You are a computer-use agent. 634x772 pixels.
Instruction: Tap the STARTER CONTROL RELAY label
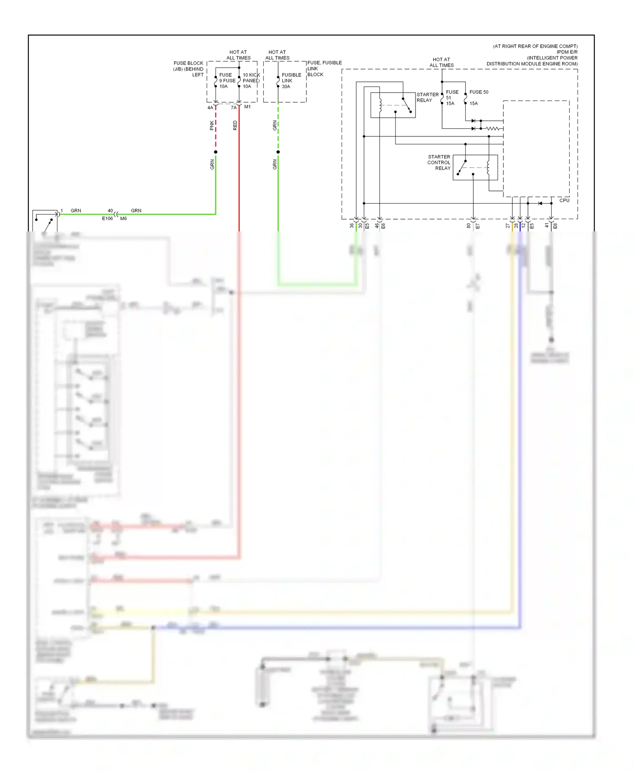pyautogui.click(x=439, y=163)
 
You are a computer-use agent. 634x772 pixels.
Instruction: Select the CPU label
pyautogui.click(x=564, y=201)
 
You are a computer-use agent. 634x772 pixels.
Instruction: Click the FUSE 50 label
pyautogui.click(x=478, y=92)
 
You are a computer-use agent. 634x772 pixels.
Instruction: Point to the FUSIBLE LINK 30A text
pyautogui.click(x=291, y=81)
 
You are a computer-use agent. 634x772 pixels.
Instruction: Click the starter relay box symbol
pyautogui.click(x=393, y=105)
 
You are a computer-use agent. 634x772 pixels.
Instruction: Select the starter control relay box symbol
pyautogui.click(x=475, y=168)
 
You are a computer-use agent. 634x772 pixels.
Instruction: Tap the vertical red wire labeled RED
pyautogui.click(x=239, y=169)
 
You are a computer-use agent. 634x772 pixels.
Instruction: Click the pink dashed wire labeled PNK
pyautogui.click(x=216, y=127)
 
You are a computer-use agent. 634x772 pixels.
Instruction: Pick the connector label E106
pyautogui.click(x=107, y=219)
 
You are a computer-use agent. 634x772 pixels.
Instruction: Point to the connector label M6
pyautogui.click(x=123, y=219)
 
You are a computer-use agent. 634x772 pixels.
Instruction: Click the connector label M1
pyautogui.click(x=247, y=107)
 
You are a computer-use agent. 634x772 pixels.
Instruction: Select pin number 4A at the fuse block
pyautogui.click(x=210, y=108)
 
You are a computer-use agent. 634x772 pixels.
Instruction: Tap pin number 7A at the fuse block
pyautogui.click(x=233, y=108)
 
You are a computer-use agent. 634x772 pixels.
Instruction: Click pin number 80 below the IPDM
pyautogui.click(x=468, y=226)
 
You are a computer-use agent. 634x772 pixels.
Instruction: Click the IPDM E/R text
pyautogui.click(x=567, y=52)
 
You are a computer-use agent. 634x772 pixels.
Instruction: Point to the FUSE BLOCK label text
pyautogui.click(x=188, y=63)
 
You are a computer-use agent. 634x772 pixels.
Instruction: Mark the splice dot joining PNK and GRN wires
pyautogui.click(x=216, y=152)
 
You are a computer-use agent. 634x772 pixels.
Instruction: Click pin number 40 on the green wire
pyautogui.click(x=110, y=211)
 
